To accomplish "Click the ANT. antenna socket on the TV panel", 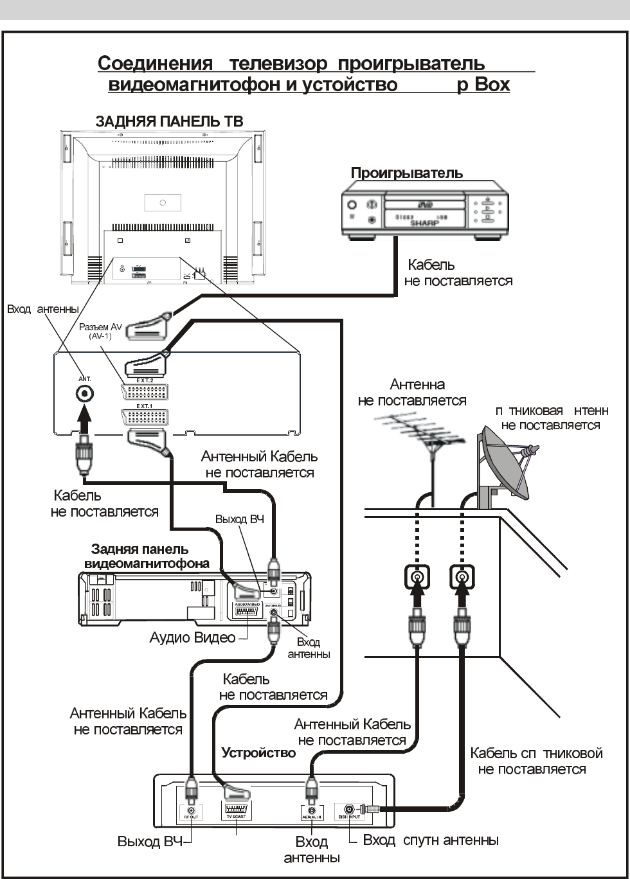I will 84,394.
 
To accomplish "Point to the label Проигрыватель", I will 406,173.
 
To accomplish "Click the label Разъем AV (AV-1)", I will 100,331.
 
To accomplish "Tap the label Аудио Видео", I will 191,638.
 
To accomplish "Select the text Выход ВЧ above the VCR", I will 240,519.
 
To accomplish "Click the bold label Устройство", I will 258,752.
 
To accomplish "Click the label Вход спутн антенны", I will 431,840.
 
